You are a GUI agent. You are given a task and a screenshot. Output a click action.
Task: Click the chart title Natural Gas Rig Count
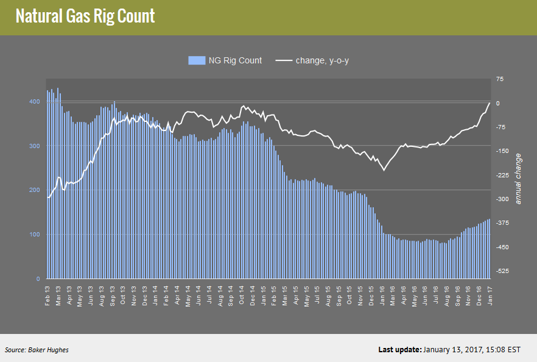[x=85, y=16]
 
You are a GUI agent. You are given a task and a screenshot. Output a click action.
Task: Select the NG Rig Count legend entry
[x=225, y=60]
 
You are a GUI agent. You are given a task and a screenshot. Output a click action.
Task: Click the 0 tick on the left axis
[x=39, y=279]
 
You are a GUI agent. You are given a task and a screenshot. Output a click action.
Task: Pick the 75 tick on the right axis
[x=500, y=79]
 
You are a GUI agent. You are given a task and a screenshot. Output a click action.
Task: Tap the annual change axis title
[x=518, y=178]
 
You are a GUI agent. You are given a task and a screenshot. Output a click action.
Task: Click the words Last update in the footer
[x=399, y=350]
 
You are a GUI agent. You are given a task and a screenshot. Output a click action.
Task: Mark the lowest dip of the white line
[x=384, y=170]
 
